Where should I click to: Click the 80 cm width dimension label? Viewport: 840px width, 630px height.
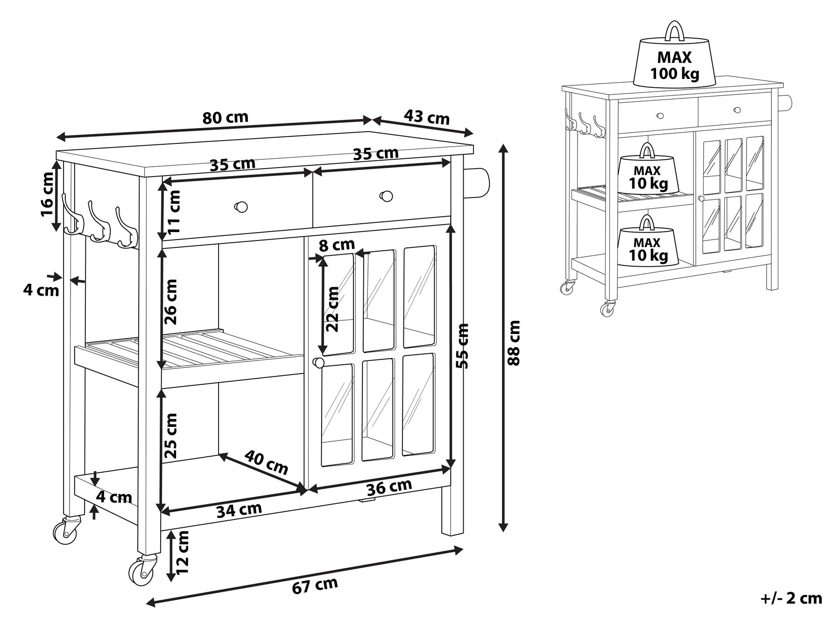pyautogui.click(x=226, y=117)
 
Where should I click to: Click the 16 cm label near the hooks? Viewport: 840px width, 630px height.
pyautogui.click(x=47, y=194)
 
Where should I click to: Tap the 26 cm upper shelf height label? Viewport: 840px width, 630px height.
pyautogui.click(x=171, y=302)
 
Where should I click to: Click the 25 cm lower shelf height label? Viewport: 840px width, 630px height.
pyautogui.click(x=171, y=435)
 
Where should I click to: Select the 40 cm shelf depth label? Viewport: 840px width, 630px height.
pyautogui.click(x=266, y=462)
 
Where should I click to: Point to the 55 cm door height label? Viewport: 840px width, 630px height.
pyautogui.click(x=462, y=346)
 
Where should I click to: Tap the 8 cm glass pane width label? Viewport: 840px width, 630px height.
pyautogui.click(x=338, y=244)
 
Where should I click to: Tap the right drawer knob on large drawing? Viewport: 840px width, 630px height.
pyautogui.click(x=387, y=196)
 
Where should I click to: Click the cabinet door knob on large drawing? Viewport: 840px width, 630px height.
pyautogui.click(x=318, y=362)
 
